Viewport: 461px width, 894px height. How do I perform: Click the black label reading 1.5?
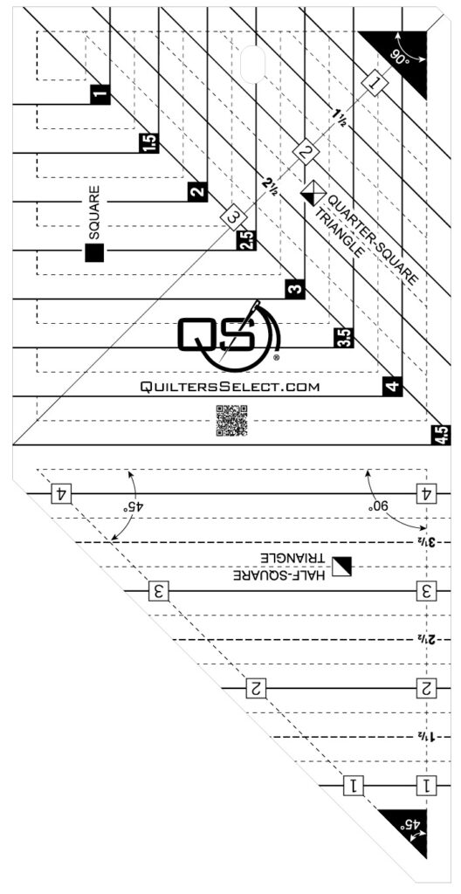[x=148, y=143]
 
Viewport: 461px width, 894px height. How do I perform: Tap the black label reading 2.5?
[x=246, y=240]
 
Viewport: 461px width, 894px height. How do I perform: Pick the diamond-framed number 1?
[x=376, y=84]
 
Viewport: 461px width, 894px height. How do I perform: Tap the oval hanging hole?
[x=253, y=63]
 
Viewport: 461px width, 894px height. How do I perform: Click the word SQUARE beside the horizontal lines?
[x=94, y=212]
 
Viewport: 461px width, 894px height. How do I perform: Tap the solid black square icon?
[x=94, y=252]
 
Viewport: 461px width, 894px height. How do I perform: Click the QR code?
[x=231, y=420]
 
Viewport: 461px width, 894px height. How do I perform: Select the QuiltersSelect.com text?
[x=230, y=387]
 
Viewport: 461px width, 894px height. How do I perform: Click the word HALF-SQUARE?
[x=282, y=576]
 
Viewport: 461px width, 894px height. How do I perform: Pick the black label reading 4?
[x=393, y=386]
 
